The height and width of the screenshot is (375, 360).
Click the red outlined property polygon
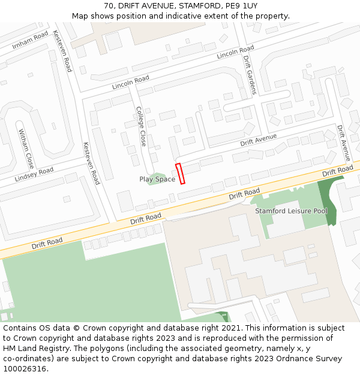click(180, 173)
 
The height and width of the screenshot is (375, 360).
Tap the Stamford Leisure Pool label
click(291, 211)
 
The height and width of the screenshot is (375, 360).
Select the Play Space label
click(157, 179)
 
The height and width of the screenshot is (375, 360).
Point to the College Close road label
click(141, 127)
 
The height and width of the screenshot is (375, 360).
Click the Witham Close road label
click(26, 148)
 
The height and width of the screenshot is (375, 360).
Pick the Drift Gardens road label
click(250, 75)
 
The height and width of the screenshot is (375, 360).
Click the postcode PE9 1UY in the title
click(241, 6)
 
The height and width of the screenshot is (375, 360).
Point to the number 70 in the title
click(109, 6)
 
